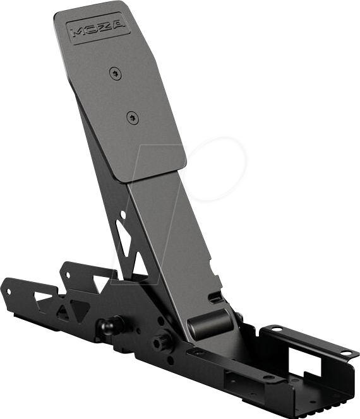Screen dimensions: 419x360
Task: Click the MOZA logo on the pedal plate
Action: (x=99, y=28)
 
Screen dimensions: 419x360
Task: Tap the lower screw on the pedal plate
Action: (x=131, y=116)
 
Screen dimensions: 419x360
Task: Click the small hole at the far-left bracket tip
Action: (x=9, y=291)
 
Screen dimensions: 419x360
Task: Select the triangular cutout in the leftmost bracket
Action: (x=45, y=297)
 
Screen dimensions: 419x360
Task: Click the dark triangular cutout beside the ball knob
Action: (x=79, y=310)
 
